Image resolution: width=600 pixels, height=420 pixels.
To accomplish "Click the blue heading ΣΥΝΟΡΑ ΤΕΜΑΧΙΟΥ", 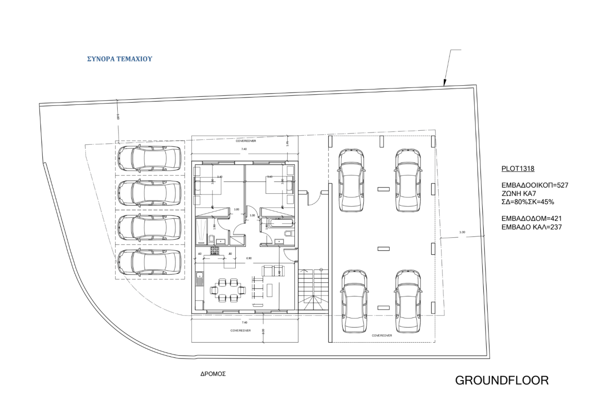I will [x=120, y=59].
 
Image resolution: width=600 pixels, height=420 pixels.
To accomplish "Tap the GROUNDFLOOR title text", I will [x=502, y=380].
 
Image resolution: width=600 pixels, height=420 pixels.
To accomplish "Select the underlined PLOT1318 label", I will [x=518, y=169].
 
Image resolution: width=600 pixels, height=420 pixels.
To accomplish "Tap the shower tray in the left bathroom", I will [x=201, y=231].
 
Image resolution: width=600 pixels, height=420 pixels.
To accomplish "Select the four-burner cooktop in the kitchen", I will [x=215, y=251].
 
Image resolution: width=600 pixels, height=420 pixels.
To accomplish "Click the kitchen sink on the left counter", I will [x=199, y=279].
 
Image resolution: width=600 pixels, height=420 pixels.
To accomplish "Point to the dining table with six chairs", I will [x=227, y=289].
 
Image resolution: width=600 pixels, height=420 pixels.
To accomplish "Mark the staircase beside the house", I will [x=312, y=289].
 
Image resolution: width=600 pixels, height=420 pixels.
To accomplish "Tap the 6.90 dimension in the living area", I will [x=249, y=258].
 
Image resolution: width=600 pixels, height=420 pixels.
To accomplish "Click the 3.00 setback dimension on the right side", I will [x=462, y=232].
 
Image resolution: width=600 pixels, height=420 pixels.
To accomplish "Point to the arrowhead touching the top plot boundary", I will [x=443, y=85].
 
